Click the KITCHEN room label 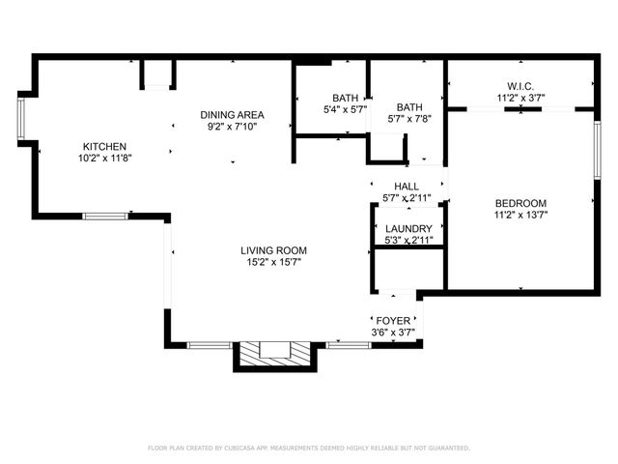point(104,146)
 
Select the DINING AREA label point(232,114)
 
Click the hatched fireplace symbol point(276,353)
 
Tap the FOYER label point(392,320)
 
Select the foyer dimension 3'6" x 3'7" point(392,333)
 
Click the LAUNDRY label point(408,228)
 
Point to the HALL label point(406,186)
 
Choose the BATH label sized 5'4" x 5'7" point(344,98)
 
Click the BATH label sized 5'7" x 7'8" point(409,107)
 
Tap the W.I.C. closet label point(521,85)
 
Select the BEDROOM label point(520,203)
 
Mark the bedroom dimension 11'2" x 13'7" point(520,216)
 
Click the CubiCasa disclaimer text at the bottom point(308,448)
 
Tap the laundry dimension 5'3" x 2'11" point(408,240)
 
